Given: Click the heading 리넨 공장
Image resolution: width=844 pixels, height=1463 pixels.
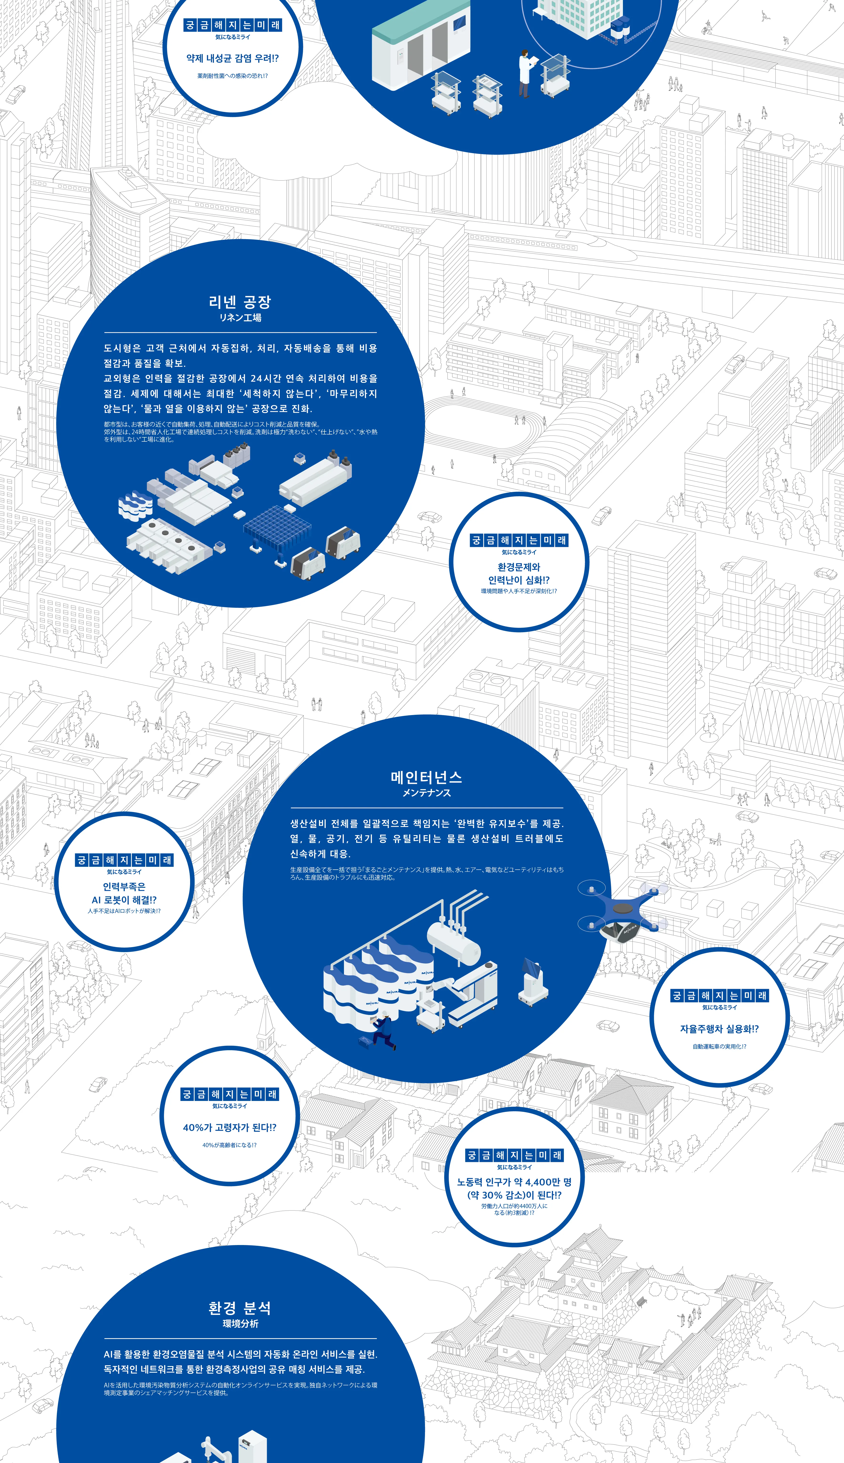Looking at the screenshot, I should [240, 301].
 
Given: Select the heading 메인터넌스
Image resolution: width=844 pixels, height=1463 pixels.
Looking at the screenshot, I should [426, 777].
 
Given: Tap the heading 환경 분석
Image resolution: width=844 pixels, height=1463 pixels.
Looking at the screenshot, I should [240, 1308].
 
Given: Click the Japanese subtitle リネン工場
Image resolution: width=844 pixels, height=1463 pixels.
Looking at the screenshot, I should [240, 318].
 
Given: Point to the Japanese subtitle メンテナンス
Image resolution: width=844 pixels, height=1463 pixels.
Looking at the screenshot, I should [426, 793].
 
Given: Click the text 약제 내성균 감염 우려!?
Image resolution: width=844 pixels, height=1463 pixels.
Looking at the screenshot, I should [232, 58].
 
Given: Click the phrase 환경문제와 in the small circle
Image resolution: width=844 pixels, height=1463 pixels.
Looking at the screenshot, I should [519, 567].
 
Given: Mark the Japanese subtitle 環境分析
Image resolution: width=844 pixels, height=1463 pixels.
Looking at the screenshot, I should [240, 1324].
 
